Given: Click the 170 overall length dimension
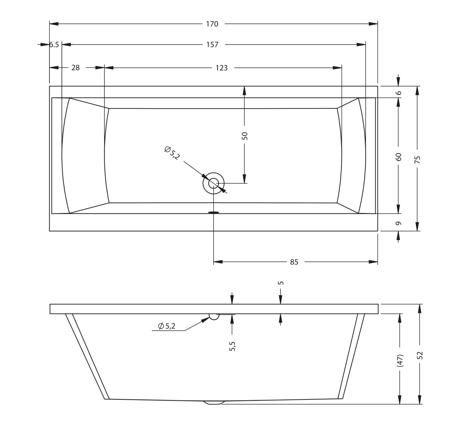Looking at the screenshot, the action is (212, 24).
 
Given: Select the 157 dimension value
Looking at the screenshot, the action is (212, 45).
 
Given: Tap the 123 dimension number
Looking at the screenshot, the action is (222, 68).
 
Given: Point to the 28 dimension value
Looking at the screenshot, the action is (75, 68).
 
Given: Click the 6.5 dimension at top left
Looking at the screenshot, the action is (54, 45).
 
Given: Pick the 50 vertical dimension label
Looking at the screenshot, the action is (245, 136).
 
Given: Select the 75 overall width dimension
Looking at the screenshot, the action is (418, 160).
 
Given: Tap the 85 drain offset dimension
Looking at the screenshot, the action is (294, 262).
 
